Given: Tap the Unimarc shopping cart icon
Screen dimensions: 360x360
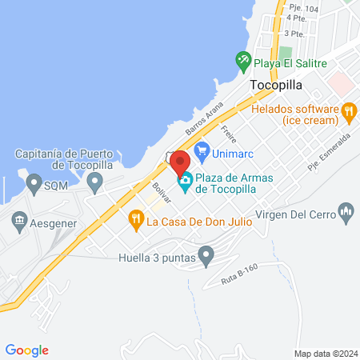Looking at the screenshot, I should tap(202, 149).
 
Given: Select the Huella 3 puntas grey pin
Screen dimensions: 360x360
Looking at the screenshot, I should tap(207, 258).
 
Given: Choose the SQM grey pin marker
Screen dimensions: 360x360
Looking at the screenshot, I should tap(34, 185).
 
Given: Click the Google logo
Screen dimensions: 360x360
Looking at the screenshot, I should tap(27, 350).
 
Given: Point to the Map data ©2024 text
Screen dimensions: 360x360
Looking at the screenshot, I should tap(325, 354).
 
